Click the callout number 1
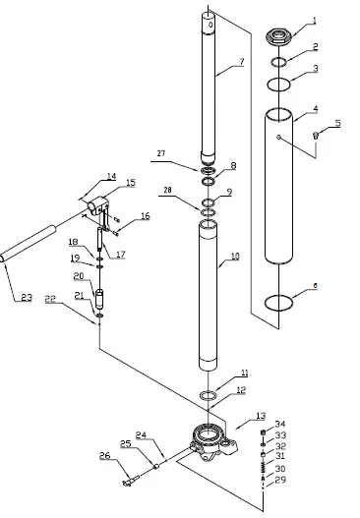point(315,19)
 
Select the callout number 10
point(235,258)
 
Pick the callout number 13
point(261,416)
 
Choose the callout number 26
point(104,456)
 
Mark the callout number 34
point(280,424)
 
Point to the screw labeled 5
point(316,137)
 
